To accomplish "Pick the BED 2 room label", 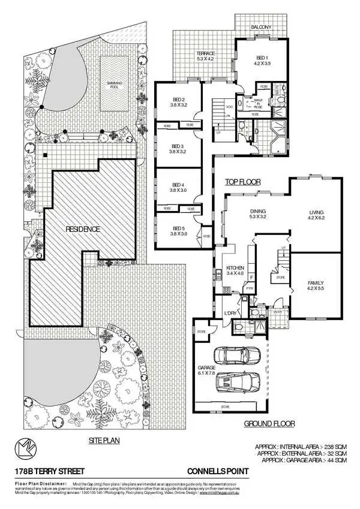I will click(178, 103).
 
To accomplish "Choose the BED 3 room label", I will click(178, 149).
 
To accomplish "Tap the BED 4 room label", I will click(178, 187).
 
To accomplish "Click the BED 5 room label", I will click(178, 231).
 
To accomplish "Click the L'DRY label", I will click(229, 314).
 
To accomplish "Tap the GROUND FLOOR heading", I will click(269, 424).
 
